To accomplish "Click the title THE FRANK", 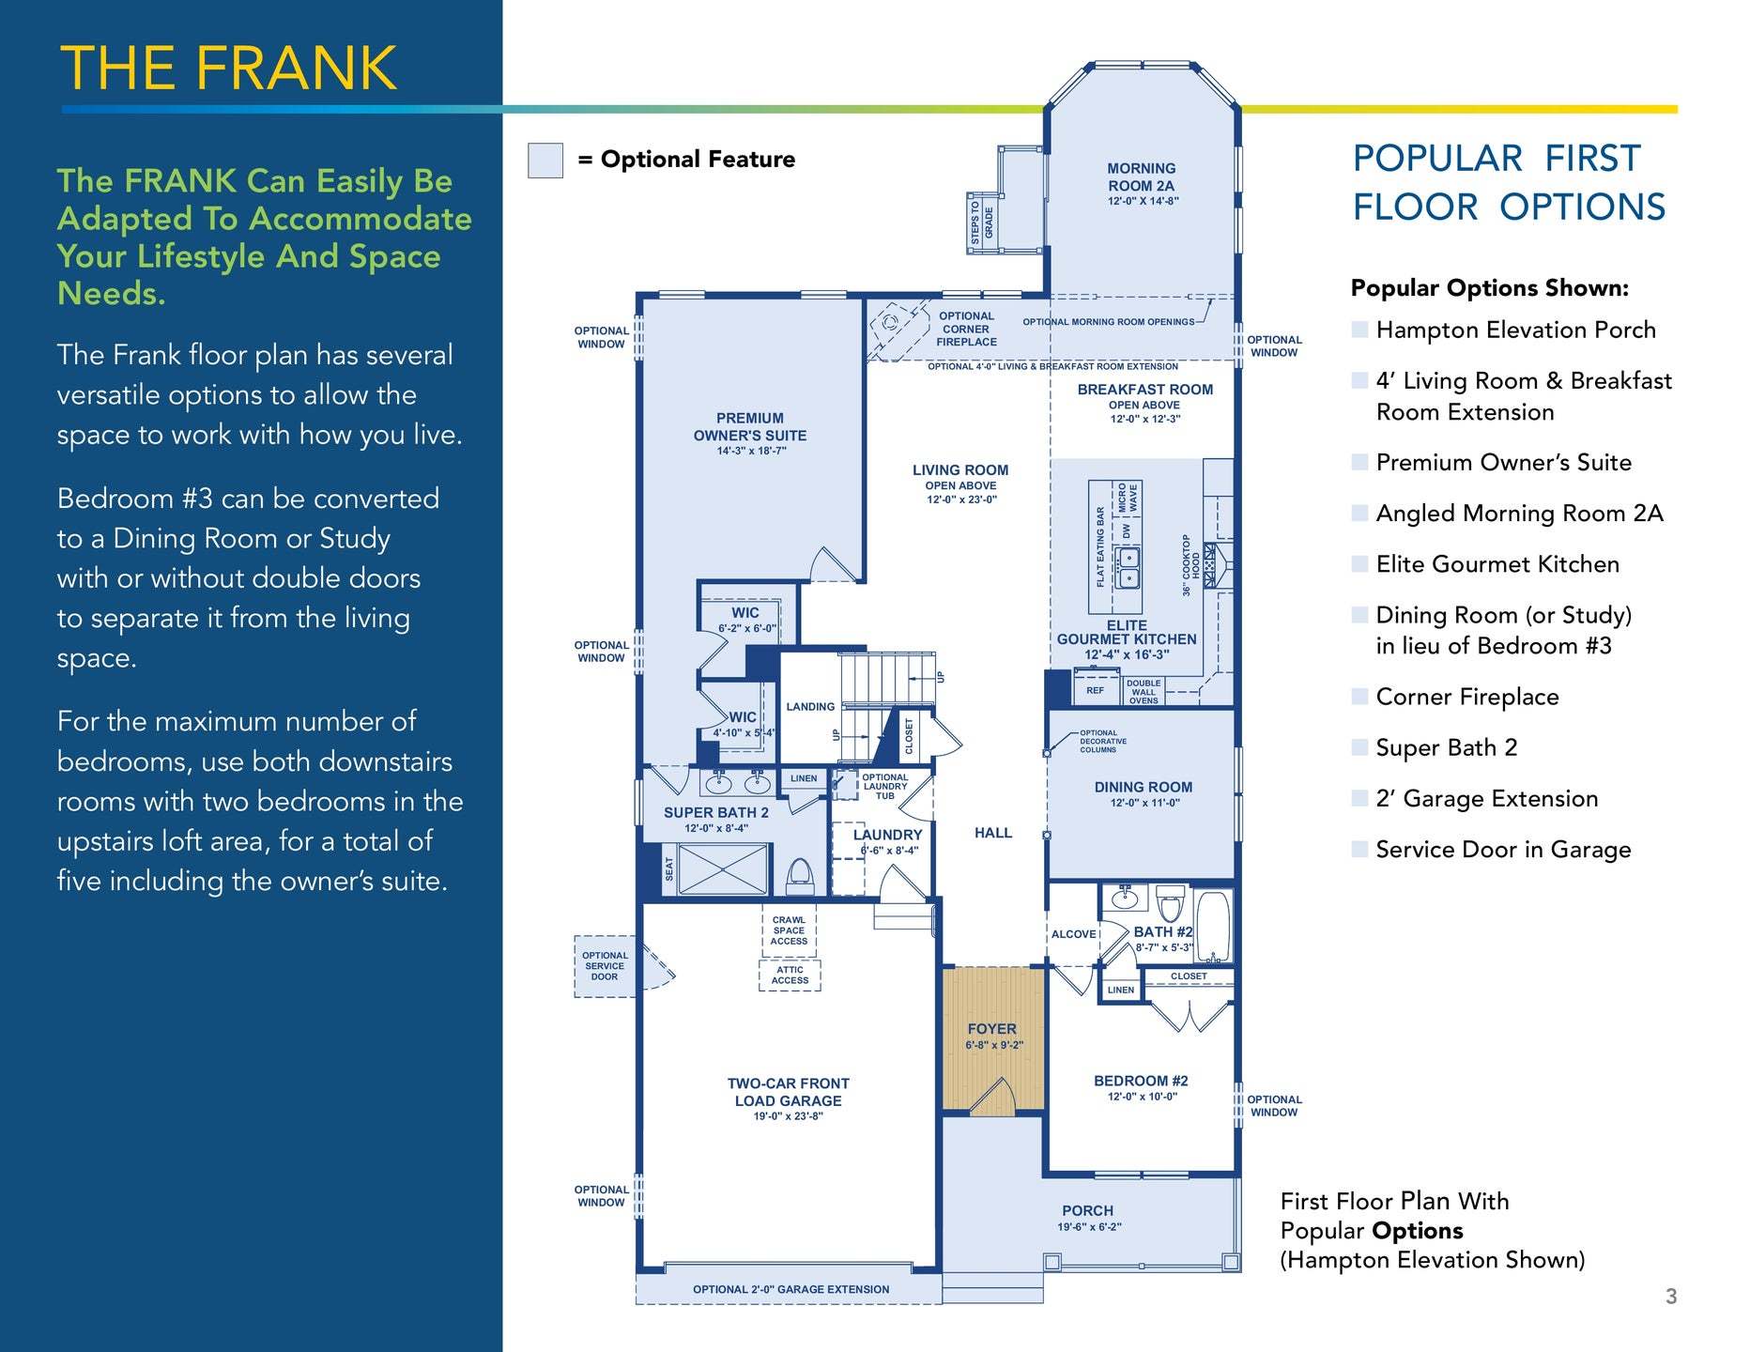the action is (x=229, y=68).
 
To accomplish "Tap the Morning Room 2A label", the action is (x=1142, y=184).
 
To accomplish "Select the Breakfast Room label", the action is (x=1145, y=403).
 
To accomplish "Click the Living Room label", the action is (x=960, y=484).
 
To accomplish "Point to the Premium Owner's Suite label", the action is (x=750, y=433).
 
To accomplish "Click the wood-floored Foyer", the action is (x=993, y=1040).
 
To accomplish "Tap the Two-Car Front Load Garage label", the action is (x=789, y=1098).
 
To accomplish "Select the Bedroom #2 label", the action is (x=1141, y=1087).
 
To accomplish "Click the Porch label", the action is (x=1088, y=1218).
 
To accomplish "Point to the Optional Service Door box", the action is (x=606, y=966).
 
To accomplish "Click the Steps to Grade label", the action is (x=981, y=223).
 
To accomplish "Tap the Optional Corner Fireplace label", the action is (x=966, y=329).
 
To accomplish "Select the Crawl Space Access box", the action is (x=789, y=930).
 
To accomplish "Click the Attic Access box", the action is (x=790, y=976).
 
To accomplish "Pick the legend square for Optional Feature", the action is (x=545, y=161).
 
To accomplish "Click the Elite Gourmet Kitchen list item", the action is (x=1497, y=564).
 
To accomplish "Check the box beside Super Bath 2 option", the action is (x=1359, y=747).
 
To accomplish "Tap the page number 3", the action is (x=1671, y=1297).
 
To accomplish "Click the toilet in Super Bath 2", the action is (x=800, y=874).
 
